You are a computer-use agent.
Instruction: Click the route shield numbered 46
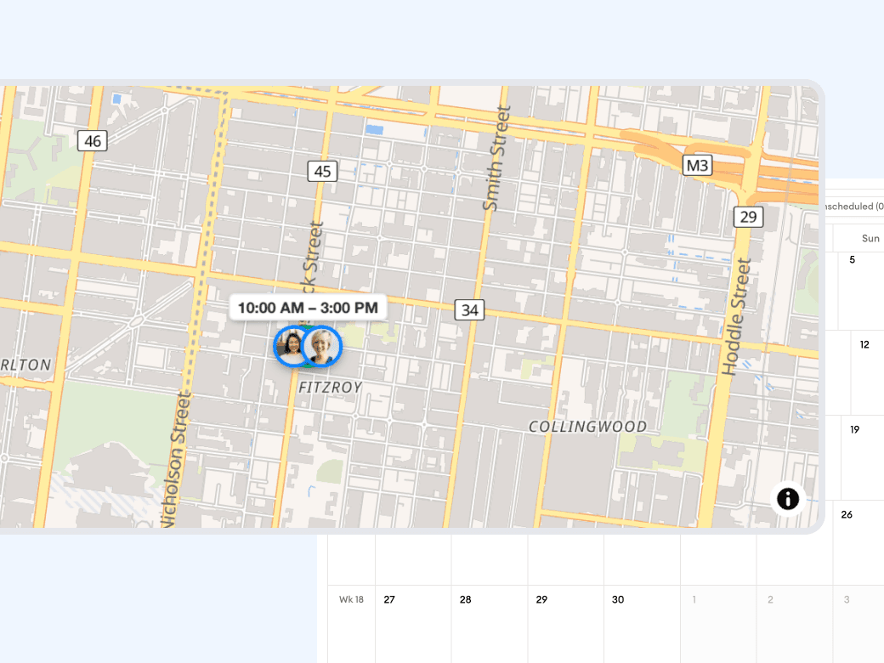coord(93,141)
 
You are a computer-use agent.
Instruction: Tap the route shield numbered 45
coord(322,172)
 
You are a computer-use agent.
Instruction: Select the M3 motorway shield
coord(697,165)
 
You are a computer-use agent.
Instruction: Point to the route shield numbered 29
coord(748,217)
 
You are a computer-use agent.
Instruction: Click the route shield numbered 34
coord(468,310)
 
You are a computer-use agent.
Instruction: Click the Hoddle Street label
coord(737,317)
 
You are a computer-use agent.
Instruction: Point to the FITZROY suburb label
coord(330,388)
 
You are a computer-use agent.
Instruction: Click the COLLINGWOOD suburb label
coord(587,427)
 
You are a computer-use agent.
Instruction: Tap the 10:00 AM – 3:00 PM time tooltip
coord(308,307)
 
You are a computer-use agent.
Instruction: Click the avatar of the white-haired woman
coord(322,347)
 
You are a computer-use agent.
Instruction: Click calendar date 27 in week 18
coord(389,599)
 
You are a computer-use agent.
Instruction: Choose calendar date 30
coord(618,599)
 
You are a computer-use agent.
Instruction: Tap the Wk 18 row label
coord(351,599)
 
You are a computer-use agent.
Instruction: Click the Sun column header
coord(870,239)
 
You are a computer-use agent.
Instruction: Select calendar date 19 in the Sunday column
coord(854,429)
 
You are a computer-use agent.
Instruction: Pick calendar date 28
coord(466,599)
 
